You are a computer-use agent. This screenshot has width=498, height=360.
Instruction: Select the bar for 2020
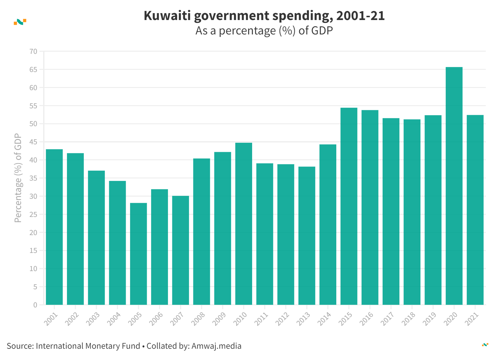(x=454, y=186)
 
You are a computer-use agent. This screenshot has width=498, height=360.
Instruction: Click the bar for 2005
(x=139, y=254)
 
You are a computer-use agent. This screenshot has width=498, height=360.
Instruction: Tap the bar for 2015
(x=349, y=206)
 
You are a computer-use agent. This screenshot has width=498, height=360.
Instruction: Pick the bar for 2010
(x=244, y=224)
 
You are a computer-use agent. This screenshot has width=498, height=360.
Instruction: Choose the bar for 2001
(x=54, y=227)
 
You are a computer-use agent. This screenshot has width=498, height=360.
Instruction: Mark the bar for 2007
(x=180, y=250)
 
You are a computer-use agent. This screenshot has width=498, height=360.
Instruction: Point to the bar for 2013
(x=307, y=236)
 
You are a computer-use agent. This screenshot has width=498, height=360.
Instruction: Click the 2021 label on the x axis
(x=472, y=319)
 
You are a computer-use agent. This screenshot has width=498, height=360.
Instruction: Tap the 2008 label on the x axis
(x=198, y=319)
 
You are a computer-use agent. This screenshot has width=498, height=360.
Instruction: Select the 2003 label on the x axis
(x=93, y=319)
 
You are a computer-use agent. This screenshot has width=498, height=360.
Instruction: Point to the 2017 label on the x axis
(x=387, y=319)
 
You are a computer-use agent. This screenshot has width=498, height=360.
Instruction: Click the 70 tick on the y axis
(x=33, y=51)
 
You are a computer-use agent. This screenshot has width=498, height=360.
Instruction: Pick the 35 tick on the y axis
(x=33, y=178)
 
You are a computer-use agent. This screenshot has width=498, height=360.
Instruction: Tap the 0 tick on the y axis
(x=35, y=305)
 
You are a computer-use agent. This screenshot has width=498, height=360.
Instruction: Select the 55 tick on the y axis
(x=33, y=106)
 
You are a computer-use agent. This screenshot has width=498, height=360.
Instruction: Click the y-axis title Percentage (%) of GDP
(x=18, y=178)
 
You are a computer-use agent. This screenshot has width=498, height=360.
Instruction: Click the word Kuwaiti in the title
(x=167, y=16)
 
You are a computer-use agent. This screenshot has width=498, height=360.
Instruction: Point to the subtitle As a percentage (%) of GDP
(x=264, y=31)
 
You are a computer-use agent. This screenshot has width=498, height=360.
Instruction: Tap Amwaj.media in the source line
(x=216, y=346)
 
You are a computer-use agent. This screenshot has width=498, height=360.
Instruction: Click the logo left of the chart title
(x=20, y=22)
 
